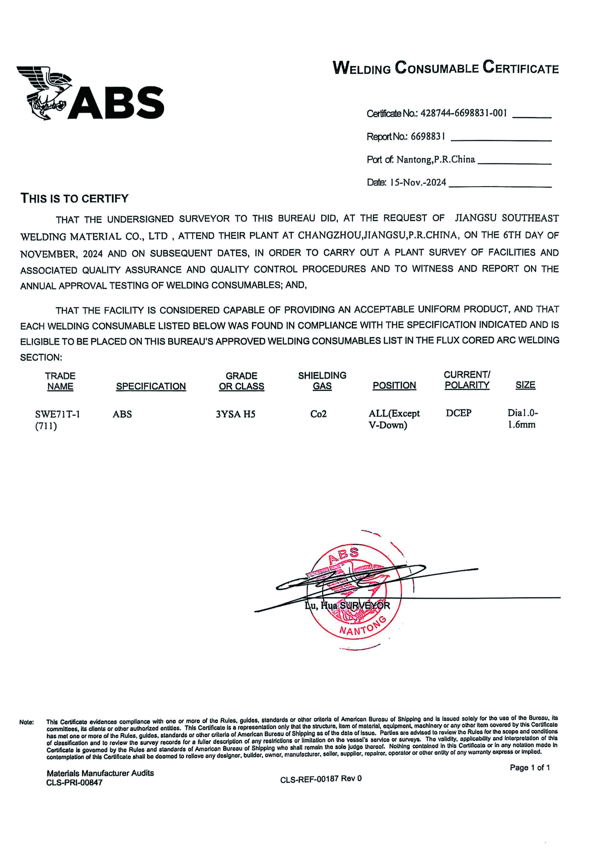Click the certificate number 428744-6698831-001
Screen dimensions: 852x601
pos(464,113)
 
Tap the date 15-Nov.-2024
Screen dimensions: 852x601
pos(418,182)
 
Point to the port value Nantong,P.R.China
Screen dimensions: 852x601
pos(436,159)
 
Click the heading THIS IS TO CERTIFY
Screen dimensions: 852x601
pos(74,199)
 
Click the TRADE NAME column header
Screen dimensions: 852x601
pos(60,381)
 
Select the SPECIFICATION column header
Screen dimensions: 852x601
pos(151,386)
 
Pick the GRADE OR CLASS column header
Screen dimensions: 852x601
pos(241,381)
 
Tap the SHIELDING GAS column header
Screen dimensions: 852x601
pos(322,381)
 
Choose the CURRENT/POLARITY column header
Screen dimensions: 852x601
pos(467,380)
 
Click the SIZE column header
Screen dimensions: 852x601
pos(525,385)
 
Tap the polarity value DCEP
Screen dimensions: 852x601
pos(458,413)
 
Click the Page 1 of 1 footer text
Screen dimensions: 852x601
pos(529,767)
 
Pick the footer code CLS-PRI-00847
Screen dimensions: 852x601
pos(74,783)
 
